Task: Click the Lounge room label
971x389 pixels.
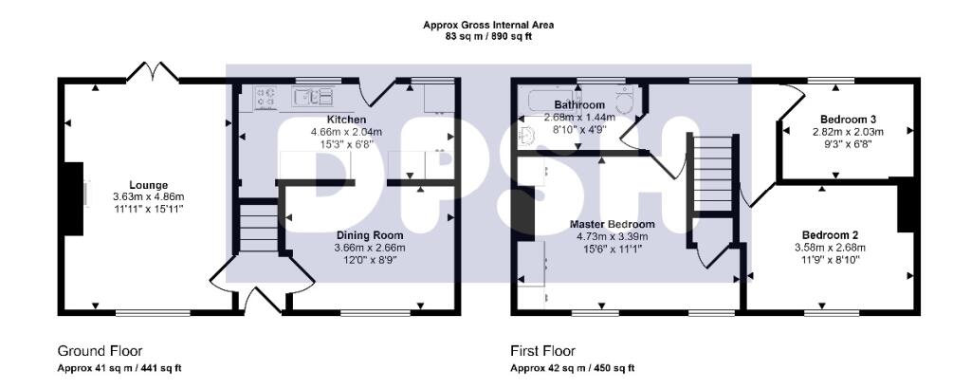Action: (149, 185)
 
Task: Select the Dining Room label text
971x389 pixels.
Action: (369, 235)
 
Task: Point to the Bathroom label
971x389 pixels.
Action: (579, 104)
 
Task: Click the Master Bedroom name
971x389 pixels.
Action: (613, 225)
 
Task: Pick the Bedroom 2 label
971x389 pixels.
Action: (830, 235)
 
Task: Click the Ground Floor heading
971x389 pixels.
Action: (101, 351)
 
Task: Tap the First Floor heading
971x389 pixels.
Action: (542, 351)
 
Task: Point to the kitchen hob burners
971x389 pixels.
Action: (265, 95)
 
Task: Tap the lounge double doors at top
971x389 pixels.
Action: (152, 71)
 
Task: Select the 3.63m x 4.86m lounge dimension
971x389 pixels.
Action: (149, 196)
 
